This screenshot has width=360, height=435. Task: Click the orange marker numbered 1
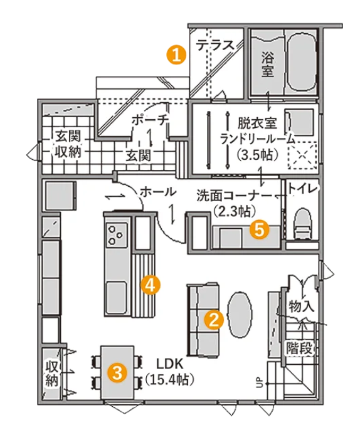pyautogui.click(x=176, y=55)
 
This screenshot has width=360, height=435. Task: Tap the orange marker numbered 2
pyautogui.click(x=214, y=320)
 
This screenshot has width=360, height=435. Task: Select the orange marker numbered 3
pyautogui.click(x=117, y=372)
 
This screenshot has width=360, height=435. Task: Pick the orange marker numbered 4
pyautogui.click(x=150, y=285)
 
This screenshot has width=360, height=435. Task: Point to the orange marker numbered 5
pyautogui.click(x=259, y=229)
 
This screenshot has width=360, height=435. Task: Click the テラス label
pyautogui.click(x=215, y=45)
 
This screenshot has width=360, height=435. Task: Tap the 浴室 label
pyautogui.click(x=268, y=65)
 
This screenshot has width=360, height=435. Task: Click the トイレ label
pyautogui.click(x=302, y=189)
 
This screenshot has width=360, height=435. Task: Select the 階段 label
pyautogui.click(x=300, y=348)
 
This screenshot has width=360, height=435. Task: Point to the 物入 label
pyautogui.click(x=301, y=307)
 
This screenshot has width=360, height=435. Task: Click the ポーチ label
pyautogui.click(x=150, y=120)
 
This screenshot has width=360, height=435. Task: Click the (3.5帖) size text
pyautogui.click(x=257, y=155)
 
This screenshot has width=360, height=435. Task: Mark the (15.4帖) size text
pyautogui.click(x=169, y=379)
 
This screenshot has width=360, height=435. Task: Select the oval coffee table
pyautogui.click(x=240, y=314)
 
